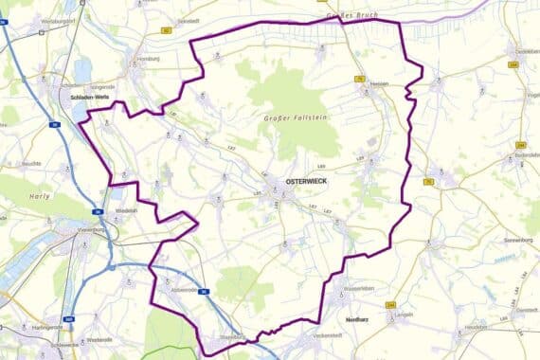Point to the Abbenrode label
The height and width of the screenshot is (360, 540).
pos(179,290)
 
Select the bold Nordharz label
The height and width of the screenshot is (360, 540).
pos(357,319)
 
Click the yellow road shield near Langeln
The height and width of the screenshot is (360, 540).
pos(391,305)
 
